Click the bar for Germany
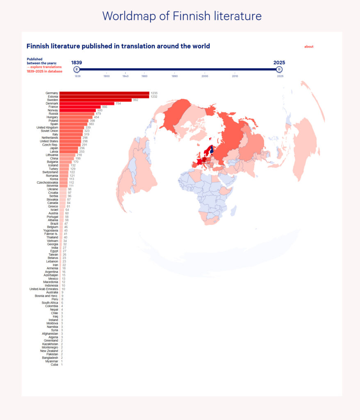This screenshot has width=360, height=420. click(x=104, y=93)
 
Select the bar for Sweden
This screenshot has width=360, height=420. click(x=96, y=100)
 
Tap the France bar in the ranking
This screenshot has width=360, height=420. click(x=80, y=107)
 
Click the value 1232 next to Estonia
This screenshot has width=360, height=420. click(x=154, y=96)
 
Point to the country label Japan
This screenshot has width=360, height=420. click(x=53, y=148)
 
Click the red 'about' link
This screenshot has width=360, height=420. click(x=309, y=47)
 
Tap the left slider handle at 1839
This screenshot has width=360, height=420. click(x=77, y=69)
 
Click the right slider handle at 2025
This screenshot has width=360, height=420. click(x=279, y=69)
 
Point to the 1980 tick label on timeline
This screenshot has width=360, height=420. click(x=145, y=76)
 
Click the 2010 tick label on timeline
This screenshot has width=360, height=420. click(x=235, y=76)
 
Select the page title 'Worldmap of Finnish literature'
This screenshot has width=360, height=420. click(x=182, y=16)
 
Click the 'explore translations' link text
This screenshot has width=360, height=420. click(x=46, y=67)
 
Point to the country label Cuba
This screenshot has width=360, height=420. click(x=55, y=365)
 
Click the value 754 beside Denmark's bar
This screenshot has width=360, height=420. click(x=119, y=103)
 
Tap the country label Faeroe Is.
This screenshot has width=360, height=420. click(x=50, y=234)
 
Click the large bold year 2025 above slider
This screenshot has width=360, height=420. click(x=279, y=63)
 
